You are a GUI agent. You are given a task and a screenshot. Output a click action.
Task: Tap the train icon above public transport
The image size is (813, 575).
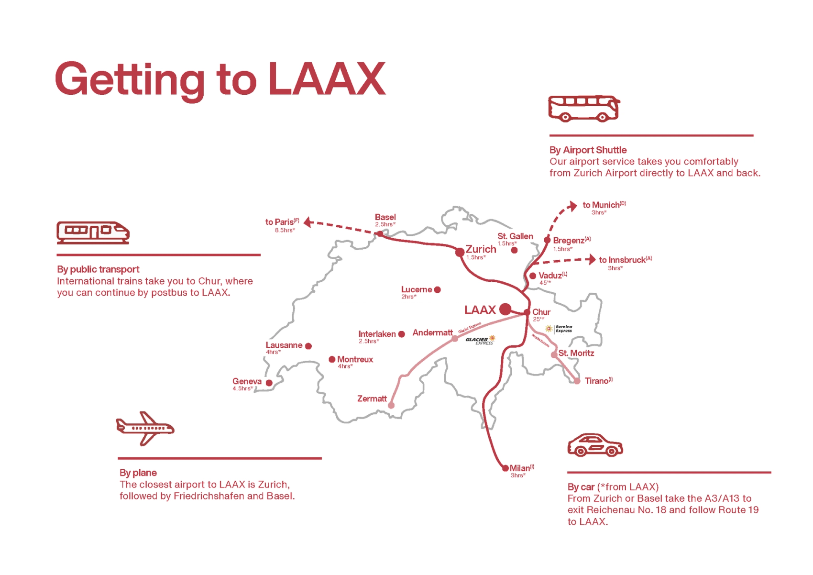[93, 232]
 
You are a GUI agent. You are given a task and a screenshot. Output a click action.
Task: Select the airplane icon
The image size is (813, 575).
[145, 428]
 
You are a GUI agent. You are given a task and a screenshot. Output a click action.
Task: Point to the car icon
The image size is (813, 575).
[594, 445]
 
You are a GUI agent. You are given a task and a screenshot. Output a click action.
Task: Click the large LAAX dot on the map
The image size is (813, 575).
[505, 309]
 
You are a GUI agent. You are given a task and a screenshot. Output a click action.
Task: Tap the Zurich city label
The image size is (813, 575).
[481, 249]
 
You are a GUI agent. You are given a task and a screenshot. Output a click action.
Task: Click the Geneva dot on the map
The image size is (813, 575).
[269, 383]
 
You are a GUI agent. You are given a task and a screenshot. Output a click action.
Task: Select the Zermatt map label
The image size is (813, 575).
[372, 398]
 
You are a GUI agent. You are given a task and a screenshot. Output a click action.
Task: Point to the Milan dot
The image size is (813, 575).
[505, 468]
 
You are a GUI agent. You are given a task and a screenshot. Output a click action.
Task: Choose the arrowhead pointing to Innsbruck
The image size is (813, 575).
[592, 259]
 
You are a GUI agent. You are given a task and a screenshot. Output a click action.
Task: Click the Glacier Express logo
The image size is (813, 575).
[480, 340]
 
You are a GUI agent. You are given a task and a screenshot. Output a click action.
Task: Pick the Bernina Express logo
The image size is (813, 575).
[559, 329]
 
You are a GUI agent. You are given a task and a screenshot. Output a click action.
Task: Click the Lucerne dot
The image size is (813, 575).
[437, 289]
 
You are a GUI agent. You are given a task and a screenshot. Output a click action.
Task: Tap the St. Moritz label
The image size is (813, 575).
[576, 353]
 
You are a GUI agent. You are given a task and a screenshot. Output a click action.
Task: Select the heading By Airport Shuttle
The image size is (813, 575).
[588, 150]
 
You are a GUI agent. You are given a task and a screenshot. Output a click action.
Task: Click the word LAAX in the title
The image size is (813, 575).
[326, 79]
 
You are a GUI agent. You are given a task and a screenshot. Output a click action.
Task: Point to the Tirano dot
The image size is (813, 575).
[577, 381]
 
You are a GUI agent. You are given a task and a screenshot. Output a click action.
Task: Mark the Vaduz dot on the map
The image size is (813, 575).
[532, 276]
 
